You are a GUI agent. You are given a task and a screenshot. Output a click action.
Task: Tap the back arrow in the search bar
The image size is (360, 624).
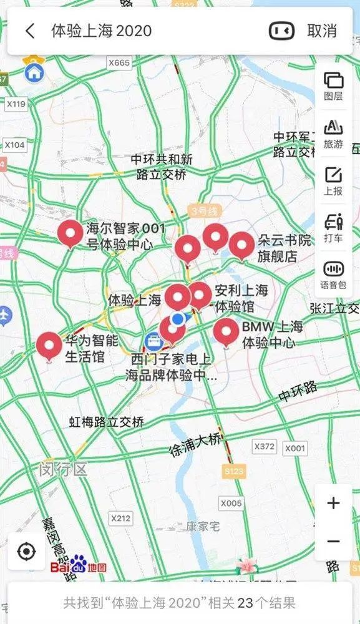(30, 31)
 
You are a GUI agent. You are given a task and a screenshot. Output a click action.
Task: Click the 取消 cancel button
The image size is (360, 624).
(321, 31)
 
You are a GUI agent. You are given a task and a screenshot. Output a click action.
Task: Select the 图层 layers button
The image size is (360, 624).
(333, 86)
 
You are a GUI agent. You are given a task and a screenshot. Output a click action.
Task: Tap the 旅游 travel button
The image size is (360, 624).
(333, 134)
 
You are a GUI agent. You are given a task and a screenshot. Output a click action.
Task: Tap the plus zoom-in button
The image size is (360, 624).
(333, 503)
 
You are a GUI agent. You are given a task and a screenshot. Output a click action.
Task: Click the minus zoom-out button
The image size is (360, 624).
(333, 542)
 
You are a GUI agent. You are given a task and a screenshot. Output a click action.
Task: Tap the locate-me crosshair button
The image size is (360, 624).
(26, 552)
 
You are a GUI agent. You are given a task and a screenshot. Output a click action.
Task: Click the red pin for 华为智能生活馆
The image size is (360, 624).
(49, 346)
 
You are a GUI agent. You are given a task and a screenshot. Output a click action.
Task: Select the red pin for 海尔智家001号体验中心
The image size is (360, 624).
(71, 233)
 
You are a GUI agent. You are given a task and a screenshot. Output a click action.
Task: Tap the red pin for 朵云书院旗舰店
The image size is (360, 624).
(241, 245)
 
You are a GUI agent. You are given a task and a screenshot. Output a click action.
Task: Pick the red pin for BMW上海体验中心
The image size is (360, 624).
(226, 331)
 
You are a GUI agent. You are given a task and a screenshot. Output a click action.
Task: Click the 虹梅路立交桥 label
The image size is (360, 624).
(107, 422)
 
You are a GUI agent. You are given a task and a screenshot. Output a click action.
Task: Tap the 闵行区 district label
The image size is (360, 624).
(62, 469)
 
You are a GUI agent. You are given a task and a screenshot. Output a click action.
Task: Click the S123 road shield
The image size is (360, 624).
(234, 472)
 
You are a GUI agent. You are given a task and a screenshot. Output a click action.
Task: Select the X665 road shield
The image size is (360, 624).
(119, 63)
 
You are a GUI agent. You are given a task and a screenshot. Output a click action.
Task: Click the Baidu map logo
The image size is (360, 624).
(78, 567)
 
